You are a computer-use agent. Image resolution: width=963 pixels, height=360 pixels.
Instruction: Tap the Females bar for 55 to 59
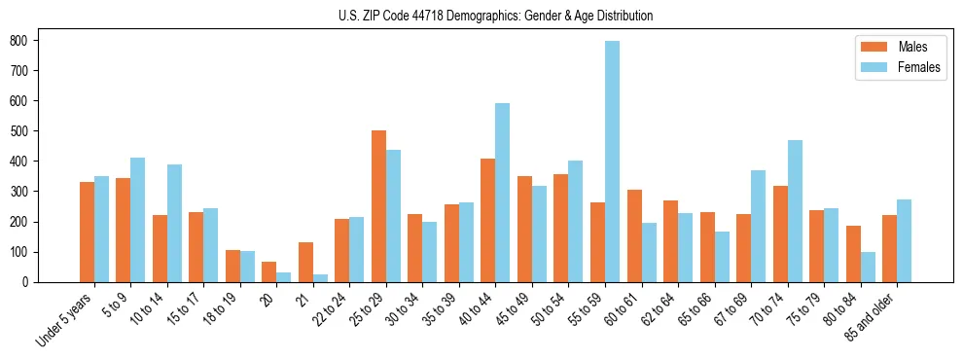point(612,162)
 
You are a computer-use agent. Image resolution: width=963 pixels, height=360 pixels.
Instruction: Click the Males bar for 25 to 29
point(378,206)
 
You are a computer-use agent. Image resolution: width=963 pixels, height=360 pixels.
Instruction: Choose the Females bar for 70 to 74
point(795,211)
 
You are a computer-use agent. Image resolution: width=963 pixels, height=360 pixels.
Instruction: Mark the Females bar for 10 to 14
point(174,223)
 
